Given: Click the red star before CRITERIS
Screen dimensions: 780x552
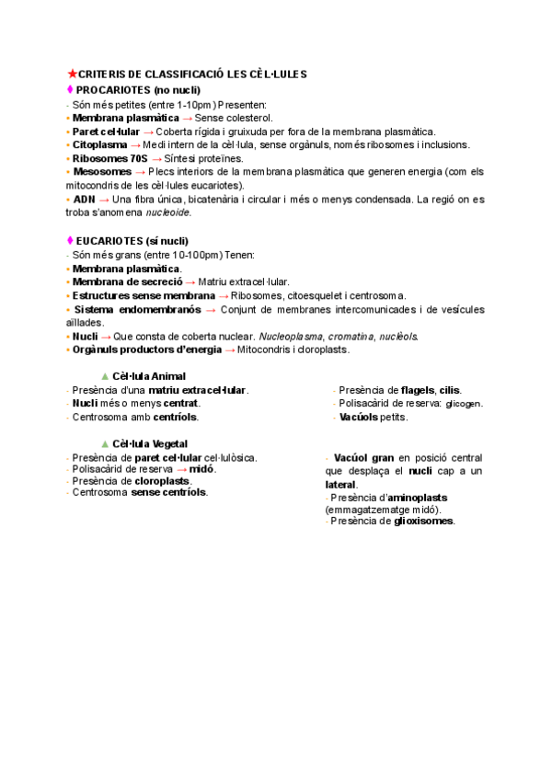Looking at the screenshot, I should point(72,75).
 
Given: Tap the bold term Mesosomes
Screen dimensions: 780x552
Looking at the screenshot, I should point(102,172).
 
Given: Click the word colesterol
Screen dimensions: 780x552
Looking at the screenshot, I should point(247,118).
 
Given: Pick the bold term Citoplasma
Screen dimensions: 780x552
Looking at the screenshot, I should point(100,144).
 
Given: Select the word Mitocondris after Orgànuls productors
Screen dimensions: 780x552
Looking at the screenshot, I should point(266,350).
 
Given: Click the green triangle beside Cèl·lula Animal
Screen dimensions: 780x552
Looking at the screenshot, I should point(104,376).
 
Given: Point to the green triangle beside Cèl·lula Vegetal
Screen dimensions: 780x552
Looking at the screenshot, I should point(104,443).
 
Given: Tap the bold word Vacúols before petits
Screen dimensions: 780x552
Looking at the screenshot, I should point(360,417).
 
